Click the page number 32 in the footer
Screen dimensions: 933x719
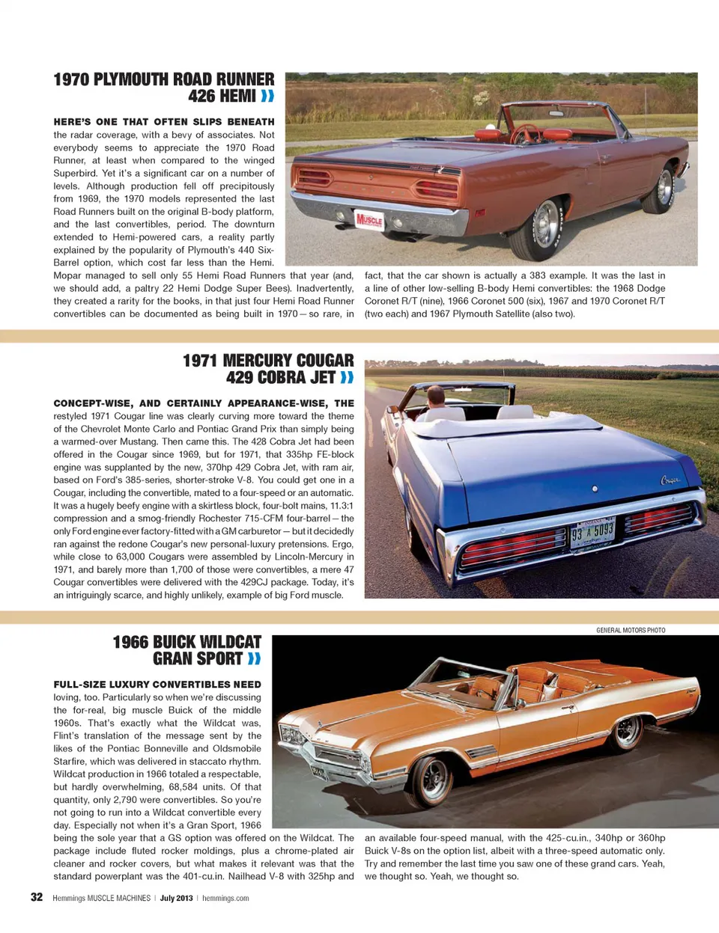point(37,897)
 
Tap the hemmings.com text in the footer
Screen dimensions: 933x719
point(225,898)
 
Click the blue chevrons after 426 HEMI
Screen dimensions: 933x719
point(267,96)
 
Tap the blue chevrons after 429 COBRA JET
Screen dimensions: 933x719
point(347,378)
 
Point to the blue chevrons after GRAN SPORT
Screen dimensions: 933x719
point(255,658)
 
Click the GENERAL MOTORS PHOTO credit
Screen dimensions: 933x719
point(631,630)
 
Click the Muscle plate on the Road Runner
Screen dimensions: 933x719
point(369,219)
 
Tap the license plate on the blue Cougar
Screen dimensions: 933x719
point(592,533)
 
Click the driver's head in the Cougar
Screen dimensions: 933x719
point(435,395)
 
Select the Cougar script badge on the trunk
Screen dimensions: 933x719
point(670,480)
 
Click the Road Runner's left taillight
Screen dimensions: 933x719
point(315,178)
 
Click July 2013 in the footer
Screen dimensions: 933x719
point(176,898)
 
